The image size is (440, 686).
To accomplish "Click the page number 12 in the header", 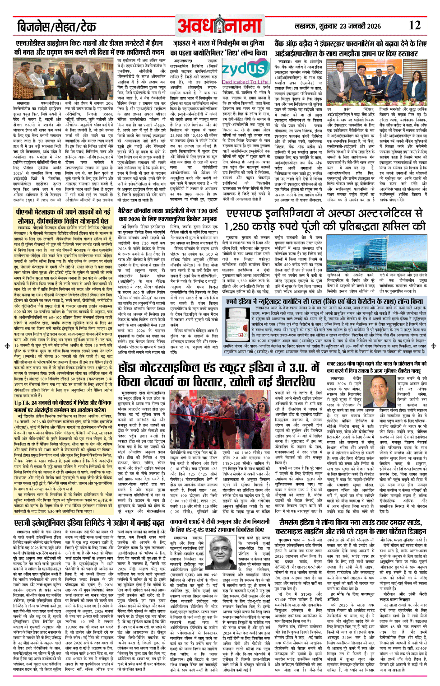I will (x=414, y=26).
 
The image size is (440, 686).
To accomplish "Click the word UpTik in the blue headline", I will (x=23, y=403).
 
